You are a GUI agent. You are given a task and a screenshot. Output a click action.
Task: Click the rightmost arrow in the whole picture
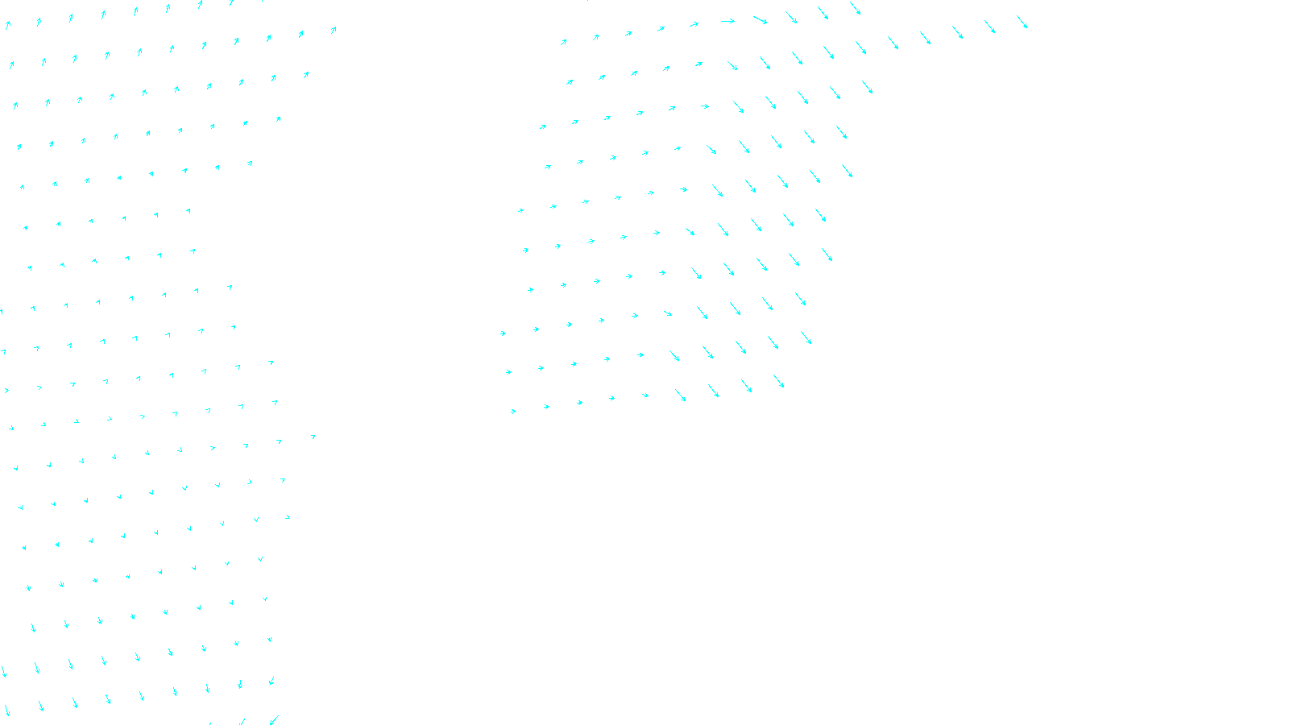(x=1022, y=22)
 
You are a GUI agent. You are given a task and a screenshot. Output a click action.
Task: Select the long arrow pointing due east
(x=727, y=21)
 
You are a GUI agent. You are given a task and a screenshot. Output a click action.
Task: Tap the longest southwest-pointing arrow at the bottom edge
(x=274, y=719)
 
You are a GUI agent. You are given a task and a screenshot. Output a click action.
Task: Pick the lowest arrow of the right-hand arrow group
(x=513, y=412)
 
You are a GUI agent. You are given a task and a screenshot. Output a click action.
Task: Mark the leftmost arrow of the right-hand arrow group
(x=503, y=333)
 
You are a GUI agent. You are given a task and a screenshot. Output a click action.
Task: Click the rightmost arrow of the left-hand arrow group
(x=334, y=30)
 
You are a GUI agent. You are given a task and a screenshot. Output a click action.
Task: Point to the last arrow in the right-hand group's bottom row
(x=779, y=381)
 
